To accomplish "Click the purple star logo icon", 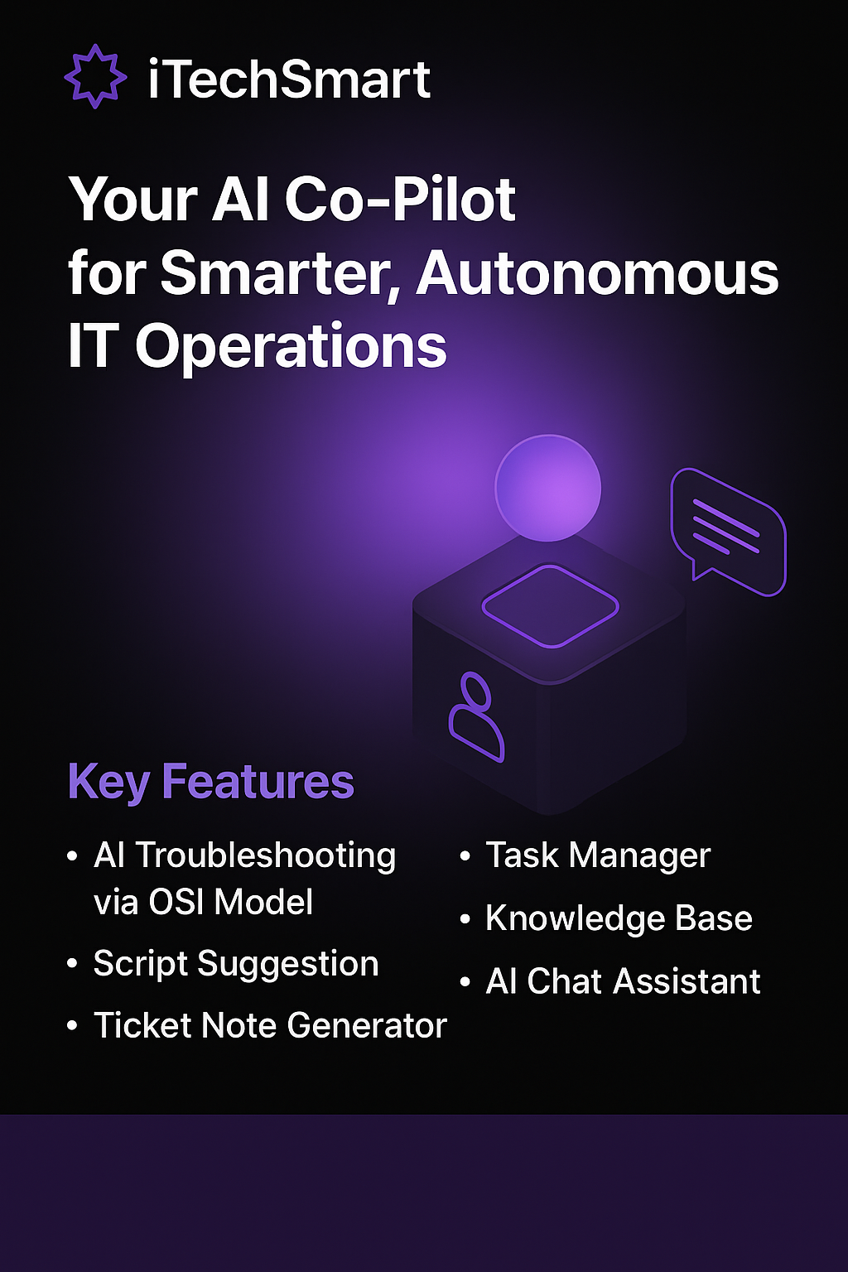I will pos(95,76).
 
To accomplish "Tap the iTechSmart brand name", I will pos(289,79).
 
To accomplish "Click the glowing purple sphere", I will pos(547,488).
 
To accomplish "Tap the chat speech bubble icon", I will pos(727,531).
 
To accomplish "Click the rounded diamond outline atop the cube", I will pos(550,605).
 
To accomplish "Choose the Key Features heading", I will pos(210,781).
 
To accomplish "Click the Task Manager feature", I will pos(597,855).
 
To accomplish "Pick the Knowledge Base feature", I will pos(619,918).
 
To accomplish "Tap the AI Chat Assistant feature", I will pos(623,981).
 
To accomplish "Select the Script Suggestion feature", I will pos(236,964).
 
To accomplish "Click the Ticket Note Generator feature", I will pos(270,1025).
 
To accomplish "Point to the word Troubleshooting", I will pos(266,856).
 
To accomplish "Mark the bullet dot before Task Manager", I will pos(465,855).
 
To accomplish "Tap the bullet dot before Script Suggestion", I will pos(73,964).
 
